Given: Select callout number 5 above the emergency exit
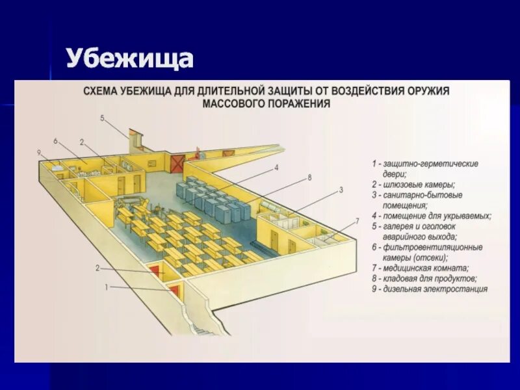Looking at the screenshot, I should (x=103, y=118).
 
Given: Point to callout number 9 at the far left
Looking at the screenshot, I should (x=40, y=152).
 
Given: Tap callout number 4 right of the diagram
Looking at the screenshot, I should (x=276, y=167).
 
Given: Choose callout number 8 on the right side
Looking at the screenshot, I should (x=309, y=177).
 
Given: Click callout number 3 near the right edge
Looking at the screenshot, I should (x=340, y=190).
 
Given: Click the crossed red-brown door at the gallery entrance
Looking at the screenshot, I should (x=177, y=163).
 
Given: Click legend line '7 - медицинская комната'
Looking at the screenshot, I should (x=421, y=268).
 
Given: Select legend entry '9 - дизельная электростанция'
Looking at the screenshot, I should (x=429, y=289).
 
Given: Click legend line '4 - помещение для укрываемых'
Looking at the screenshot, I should (x=431, y=216).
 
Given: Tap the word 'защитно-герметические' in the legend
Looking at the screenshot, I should (x=431, y=164).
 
